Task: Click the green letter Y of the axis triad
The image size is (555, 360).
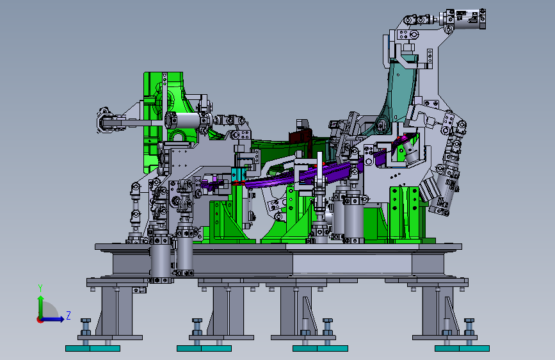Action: (40, 288)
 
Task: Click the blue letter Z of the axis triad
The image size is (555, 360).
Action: (68, 315)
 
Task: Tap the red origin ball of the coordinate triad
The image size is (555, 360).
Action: (40, 320)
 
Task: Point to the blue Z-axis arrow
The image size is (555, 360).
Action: (53, 319)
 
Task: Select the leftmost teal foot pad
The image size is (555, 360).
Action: (93, 348)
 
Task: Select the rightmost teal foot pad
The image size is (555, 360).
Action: (462, 348)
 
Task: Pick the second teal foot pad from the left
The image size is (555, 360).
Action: (204, 348)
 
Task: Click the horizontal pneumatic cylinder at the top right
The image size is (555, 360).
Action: (463, 19)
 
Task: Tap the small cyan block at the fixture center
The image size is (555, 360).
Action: (239, 174)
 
